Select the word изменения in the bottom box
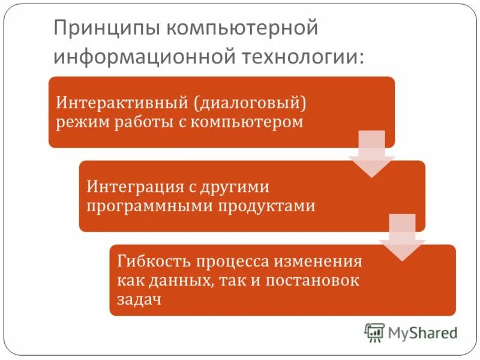coord(321,262)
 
